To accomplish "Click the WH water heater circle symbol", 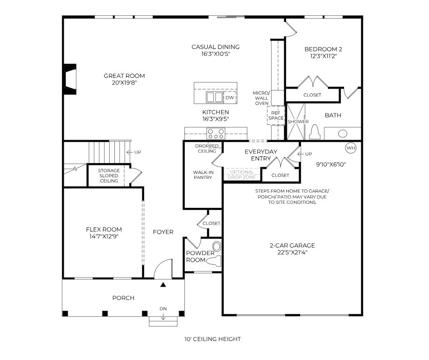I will [x=351, y=148].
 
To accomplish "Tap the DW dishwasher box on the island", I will [x=230, y=97].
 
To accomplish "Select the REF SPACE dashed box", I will [x=276, y=115].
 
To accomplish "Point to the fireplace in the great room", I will [x=70, y=79].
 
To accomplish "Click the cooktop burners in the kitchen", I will [x=216, y=134].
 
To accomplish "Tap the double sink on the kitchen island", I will [x=214, y=97].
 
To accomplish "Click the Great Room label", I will [x=124, y=76].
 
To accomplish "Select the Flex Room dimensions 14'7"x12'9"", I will [x=104, y=236].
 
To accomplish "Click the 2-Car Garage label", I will [x=292, y=245].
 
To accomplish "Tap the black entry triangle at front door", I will [x=163, y=284].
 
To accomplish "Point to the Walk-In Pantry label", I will [x=204, y=175].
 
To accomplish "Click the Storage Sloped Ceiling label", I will [x=109, y=175].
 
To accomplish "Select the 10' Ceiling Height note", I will [x=212, y=339].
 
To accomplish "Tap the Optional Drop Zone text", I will [x=241, y=174].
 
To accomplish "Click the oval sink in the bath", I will [x=343, y=133].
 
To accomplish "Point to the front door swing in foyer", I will [x=163, y=270].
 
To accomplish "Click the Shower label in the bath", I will [x=298, y=122].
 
